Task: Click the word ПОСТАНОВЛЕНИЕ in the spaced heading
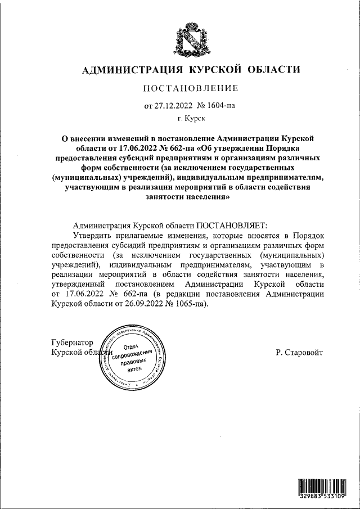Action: pyautogui.click(x=192, y=88)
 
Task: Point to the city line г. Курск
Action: pyautogui.click(x=191, y=119)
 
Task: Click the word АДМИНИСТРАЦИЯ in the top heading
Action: pyautogui.click(x=133, y=70)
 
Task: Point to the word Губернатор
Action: pyautogui.click(x=72, y=342)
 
